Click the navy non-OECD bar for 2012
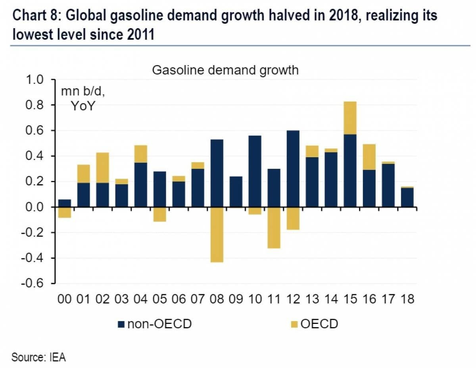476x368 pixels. [x=293, y=169]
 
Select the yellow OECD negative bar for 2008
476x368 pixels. [x=217, y=235]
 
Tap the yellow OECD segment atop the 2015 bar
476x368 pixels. [x=350, y=118]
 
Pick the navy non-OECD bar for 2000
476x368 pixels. [x=64, y=203]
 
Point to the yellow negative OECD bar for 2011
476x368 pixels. [x=274, y=227]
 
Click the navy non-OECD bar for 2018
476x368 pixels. [x=407, y=197]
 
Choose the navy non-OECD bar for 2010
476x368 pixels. [x=255, y=171]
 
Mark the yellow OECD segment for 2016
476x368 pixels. [x=369, y=157]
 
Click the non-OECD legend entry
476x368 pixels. [x=155, y=324]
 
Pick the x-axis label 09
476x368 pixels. [x=236, y=299]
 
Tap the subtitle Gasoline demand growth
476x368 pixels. [x=225, y=70]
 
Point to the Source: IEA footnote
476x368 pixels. [x=38, y=357]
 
